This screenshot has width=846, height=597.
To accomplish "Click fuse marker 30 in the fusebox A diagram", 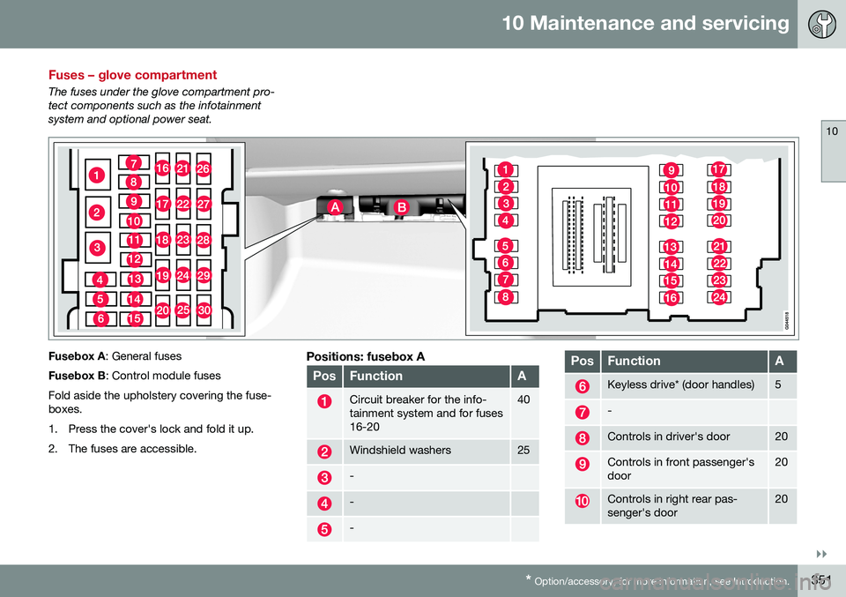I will (x=204, y=310).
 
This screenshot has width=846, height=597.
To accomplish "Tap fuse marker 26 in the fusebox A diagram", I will (x=203, y=168).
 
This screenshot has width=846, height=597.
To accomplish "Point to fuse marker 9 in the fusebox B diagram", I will (x=671, y=170).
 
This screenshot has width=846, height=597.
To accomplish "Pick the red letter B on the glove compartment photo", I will (x=401, y=205).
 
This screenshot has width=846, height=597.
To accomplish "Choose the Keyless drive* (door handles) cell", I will (x=680, y=385).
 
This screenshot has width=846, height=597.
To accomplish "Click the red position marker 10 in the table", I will (x=583, y=501).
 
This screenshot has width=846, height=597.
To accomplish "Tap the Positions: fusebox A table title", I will (x=365, y=356).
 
